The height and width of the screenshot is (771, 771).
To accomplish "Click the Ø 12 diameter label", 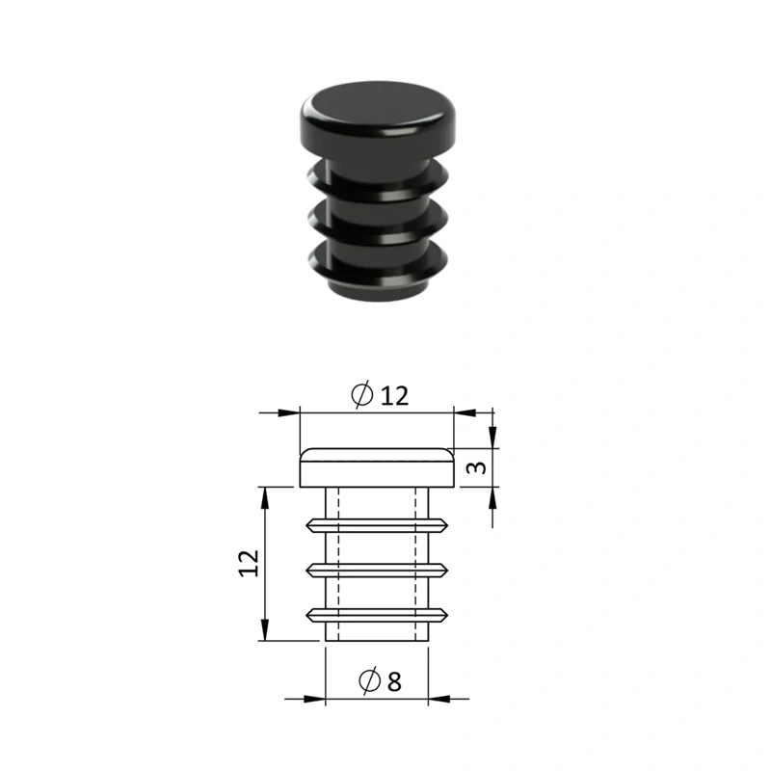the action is [x=380, y=395].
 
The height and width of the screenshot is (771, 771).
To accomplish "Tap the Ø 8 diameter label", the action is [x=380, y=680].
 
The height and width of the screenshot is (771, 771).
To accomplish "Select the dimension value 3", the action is [x=476, y=467].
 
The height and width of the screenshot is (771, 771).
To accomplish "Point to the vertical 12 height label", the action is [x=250, y=564].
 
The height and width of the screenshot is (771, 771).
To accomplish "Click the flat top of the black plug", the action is [x=377, y=104].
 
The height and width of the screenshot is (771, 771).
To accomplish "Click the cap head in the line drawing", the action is [x=377, y=467].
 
